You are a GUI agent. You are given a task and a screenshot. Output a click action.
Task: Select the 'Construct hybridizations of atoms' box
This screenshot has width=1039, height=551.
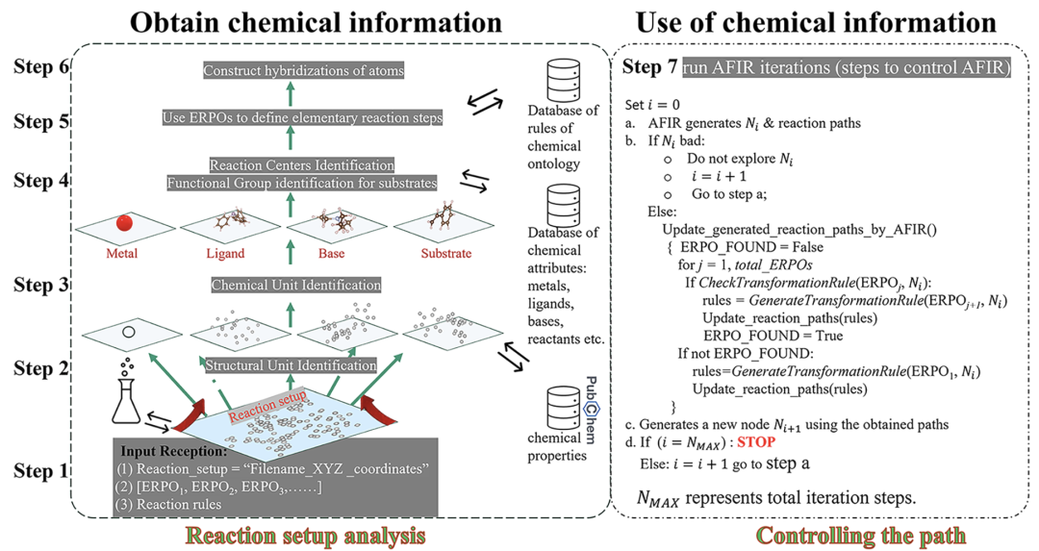point(303,70)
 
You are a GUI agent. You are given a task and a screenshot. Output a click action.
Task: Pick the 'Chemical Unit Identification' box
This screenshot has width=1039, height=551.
point(295,286)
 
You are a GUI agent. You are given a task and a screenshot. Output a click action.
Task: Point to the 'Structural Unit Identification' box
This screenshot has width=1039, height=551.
point(291,365)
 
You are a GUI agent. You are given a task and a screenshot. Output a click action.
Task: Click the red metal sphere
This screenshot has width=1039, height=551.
point(124,224)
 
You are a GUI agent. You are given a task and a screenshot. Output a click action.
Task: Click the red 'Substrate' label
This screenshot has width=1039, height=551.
point(446,254)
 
